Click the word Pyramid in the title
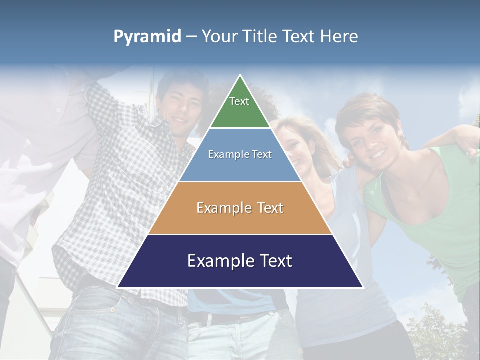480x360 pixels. pyautogui.click(x=147, y=37)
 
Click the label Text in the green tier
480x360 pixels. pyautogui.click(x=239, y=101)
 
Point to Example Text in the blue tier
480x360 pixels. pyautogui.click(x=240, y=154)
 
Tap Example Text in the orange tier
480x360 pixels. pyautogui.click(x=240, y=208)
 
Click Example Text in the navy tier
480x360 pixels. pyautogui.click(x=240, y=261)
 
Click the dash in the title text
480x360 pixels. pyautogui.click(x=191, y=37)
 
